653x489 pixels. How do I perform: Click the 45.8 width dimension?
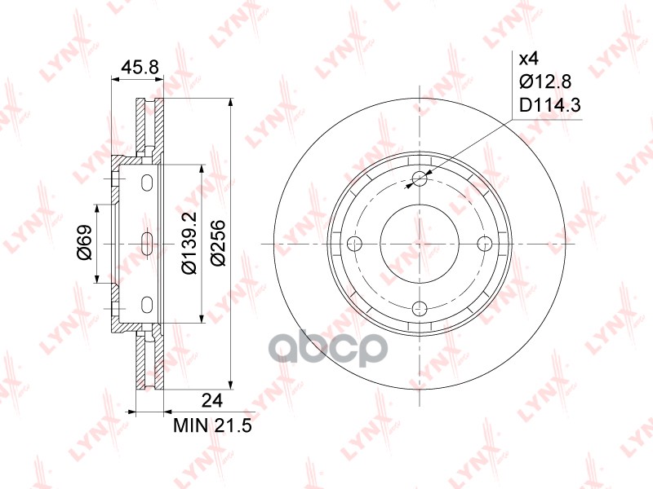(x=137, y=68)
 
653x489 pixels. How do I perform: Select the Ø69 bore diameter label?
(x=84, y=243)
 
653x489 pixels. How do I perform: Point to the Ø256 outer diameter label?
(x=217, y=243)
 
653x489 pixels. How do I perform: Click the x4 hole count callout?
(x=528, y=59)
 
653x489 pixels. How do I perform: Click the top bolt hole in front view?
(x=420, y=178)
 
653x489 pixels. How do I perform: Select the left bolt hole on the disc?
(x=354, y=243)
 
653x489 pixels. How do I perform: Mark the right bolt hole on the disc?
(x=484, y=243)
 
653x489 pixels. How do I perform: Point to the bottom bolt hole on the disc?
(x=420, y=307)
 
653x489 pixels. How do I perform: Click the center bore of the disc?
(x=420, y=243)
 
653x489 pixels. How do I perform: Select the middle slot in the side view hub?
(x=147, y=243)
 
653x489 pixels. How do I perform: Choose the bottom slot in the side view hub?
(x=147, y=305)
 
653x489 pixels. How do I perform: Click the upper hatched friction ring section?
(x=149, y=126)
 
